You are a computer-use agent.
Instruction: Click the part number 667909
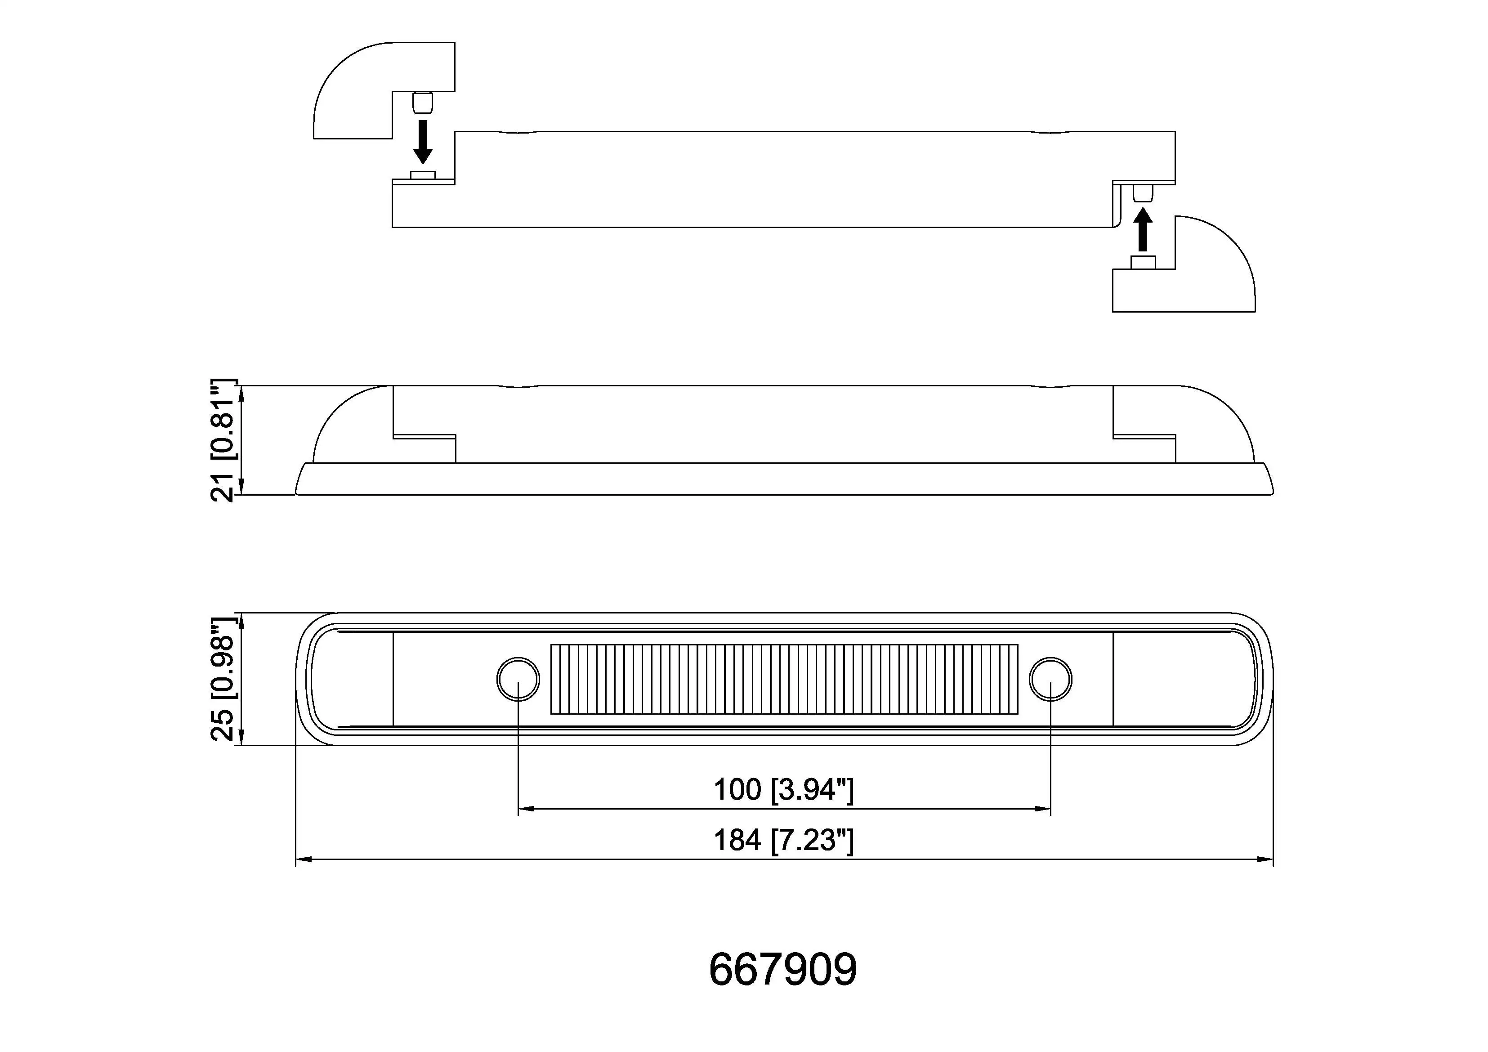pos(782,970)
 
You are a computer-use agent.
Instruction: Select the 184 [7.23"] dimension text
pos(783,841)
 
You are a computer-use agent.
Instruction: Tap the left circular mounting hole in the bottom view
pos(518,679)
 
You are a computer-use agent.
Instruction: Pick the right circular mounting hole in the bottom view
pos(1050,679)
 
